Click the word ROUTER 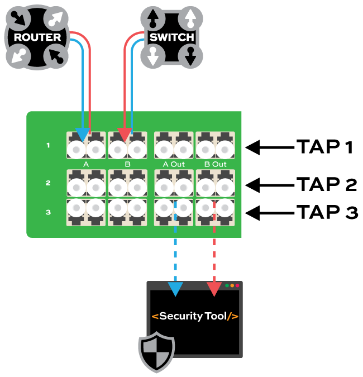(x=37, y=37)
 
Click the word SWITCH (x=171, y=37)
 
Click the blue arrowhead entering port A (x=82, y=135)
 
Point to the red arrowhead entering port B (x=124, y=135)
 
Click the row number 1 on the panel (x=48, y=146)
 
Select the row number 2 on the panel (x=48, y=183)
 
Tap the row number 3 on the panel (x=48, y=212)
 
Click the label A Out (x=174, y=164)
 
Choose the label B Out (x=216, y=164)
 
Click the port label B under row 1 (x=127, y=164)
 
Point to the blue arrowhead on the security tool (x=175, y=289)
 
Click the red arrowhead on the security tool (x=214, y=289)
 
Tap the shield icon (x=156, y=352)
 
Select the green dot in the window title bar (x=227, y=285)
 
